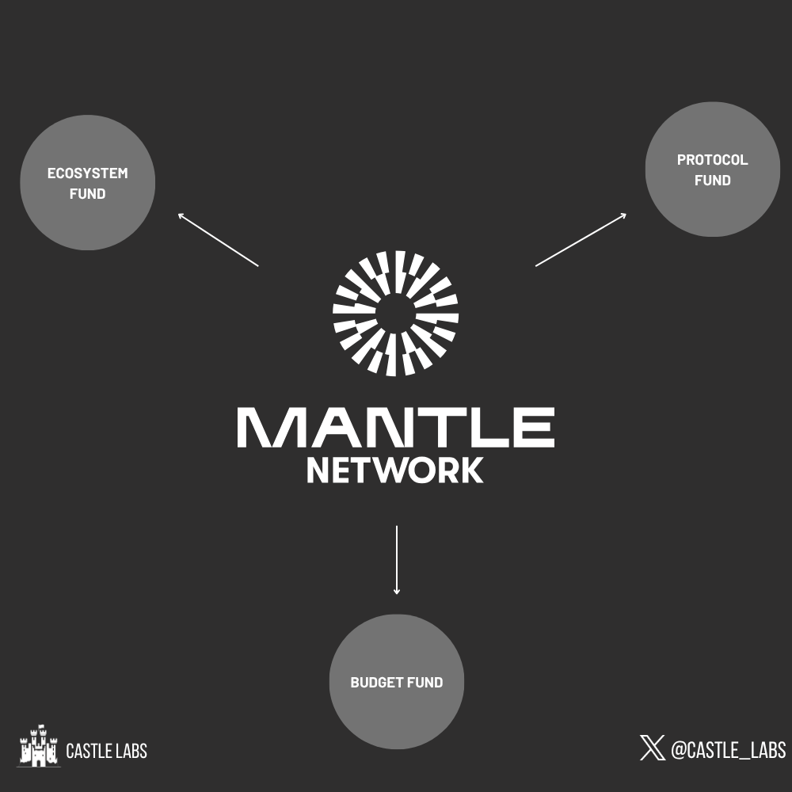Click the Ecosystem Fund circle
coord(87,182)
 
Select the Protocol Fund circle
coord(713,169)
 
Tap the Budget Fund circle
coord(397,681)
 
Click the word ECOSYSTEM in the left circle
coord(87,173)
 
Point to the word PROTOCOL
coord(712,160)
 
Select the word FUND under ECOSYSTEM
coord(87,193)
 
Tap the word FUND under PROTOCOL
coord(712,181)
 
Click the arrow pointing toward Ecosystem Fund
coord(219,240)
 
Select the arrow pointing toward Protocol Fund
coord(581,239)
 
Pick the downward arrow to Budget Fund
coord(397,560)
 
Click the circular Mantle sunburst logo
coord(395,313)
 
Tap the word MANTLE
coord(396,428)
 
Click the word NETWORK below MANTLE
coord(395,470)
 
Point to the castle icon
coord(38,745)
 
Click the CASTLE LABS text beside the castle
coord(107,751)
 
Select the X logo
coord(652,748)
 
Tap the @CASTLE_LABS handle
coord(729,749)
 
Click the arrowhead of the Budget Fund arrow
coord(397,592)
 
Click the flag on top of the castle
coord(41,726)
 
